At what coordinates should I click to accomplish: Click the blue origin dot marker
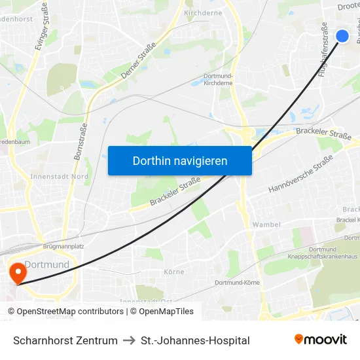point(342,36)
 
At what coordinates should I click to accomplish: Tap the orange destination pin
point(16,272)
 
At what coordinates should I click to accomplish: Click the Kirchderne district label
point(203,12)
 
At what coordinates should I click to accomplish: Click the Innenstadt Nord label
point(60,177)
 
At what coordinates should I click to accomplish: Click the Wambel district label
point(266,225)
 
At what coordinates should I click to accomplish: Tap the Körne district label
point(173,272)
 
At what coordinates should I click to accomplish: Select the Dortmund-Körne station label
point(237,283)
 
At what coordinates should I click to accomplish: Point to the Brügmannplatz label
point(63,246)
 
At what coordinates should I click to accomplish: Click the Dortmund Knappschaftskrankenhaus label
point(314,253)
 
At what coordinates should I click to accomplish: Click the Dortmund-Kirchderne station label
point(218,80)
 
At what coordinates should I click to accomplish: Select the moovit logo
point(321,340)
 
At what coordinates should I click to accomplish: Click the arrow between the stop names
point(129,340)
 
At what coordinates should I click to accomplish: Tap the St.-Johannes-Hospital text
point(195,340)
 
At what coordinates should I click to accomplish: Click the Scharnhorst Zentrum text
point(65,340)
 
